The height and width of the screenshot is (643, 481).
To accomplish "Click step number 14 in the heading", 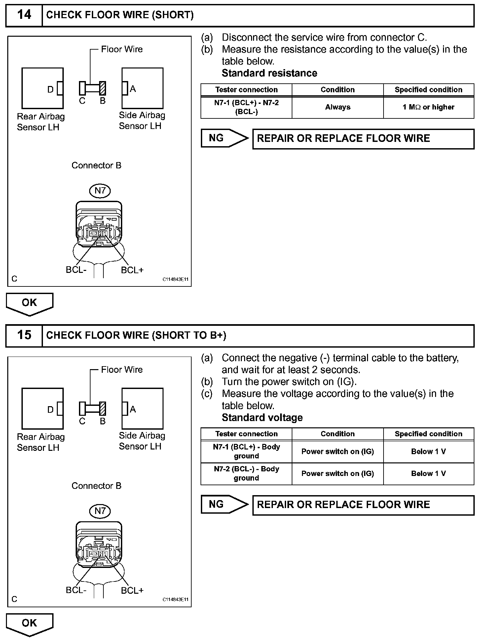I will [x=24, y=15].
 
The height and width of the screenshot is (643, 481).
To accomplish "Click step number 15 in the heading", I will [x=24, y=335].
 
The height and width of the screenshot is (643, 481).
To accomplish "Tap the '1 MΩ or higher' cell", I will [x=428, y=107].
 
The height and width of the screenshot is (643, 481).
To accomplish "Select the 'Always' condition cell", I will [x=337, y=107].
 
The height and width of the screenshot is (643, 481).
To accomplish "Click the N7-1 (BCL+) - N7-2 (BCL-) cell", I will [x=246, y=107].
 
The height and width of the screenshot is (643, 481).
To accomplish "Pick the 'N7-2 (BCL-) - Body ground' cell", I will [x=246, y=474].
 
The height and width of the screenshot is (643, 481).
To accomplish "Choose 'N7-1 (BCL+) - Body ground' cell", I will [x=246, y=451].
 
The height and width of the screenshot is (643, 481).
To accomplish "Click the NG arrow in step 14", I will [x=224, y=138].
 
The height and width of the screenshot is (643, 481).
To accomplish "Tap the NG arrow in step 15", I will [x=224, y=504].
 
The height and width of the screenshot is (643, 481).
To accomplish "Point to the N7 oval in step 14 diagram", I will [x=100, y=191].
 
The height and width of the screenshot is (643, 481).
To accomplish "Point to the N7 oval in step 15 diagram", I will [x=100, y=511].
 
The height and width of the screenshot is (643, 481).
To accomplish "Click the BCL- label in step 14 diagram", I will [x=76, y=270].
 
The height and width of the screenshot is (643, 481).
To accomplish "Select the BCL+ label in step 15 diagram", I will [x=132, y=591].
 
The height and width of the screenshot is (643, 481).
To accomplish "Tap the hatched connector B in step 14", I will [x=103, y=88].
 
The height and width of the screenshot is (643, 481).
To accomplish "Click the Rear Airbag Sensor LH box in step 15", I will [x=42, y=408].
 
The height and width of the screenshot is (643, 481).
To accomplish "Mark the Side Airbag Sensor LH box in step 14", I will [x=142, y=88].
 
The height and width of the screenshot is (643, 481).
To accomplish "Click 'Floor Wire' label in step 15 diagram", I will [x=122, y=369].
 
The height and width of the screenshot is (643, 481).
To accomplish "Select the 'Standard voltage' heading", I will [x=262, y=418].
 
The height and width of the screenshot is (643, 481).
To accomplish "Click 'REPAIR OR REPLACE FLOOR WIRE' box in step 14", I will [x=363, y=139].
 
